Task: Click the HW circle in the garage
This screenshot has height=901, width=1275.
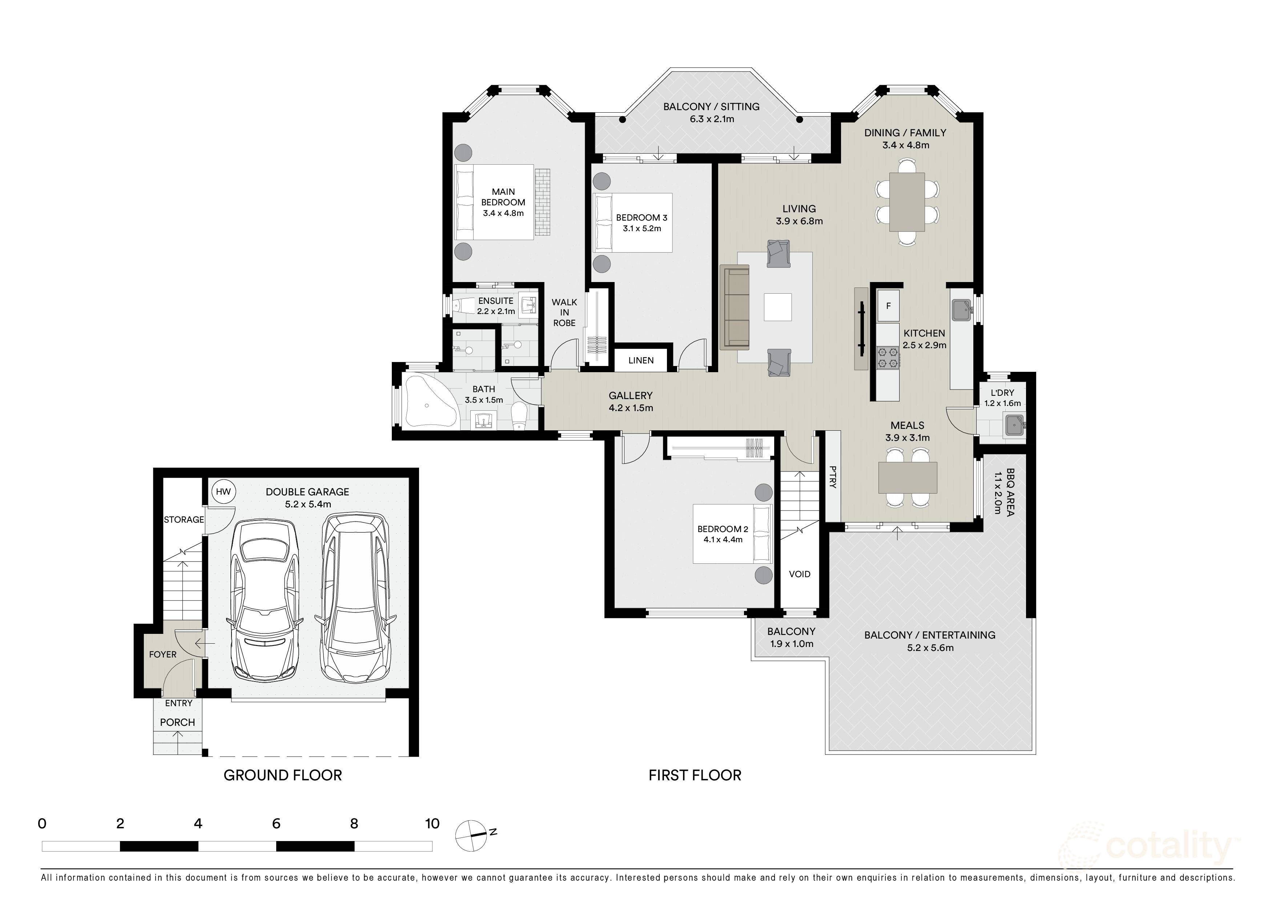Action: coord(223,492)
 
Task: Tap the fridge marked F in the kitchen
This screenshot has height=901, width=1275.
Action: coord(889,306)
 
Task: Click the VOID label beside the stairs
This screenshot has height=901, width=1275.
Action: coord(800,574)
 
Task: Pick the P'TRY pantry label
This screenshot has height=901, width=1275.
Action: coord(832,476)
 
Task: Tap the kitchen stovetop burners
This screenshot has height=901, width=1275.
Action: coord(888,358)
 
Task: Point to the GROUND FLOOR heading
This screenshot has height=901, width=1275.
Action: coord(283,776)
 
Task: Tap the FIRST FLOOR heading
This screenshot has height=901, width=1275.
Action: coord(695,776)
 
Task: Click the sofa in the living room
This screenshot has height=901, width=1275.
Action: coord(735,307)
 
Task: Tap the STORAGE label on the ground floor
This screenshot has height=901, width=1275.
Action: coord(184,520)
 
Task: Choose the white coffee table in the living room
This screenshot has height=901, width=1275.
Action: coord(777,307)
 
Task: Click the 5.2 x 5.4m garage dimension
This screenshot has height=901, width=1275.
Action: coord(307,504)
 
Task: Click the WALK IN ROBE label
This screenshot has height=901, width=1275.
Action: coord(564,313)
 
